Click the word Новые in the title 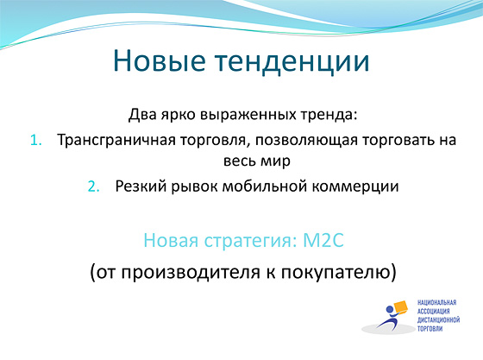[x=160, y=60]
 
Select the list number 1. [x=36, y=140]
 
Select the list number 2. [x=94, y=186]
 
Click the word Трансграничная [x=116, y=140]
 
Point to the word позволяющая [x=306, y=140]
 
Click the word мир [x=275, y=161]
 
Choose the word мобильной [x=264, y=186]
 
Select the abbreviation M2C [x=323, y=240]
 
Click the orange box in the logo [x=400, y=307]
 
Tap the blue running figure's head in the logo [x=390, y=309]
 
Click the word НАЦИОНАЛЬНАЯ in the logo [x=436, y=302]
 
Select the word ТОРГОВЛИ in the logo [x=430, y=329]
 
